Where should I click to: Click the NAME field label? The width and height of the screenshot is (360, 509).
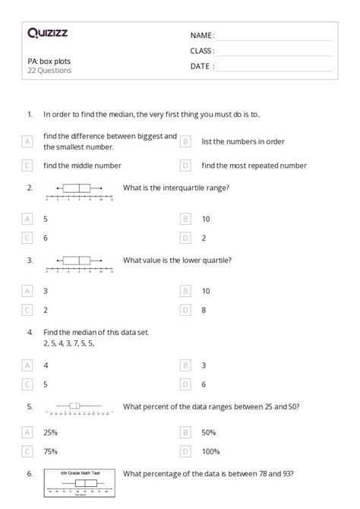coord(201,35)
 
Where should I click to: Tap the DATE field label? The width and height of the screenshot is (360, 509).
coord(201,65)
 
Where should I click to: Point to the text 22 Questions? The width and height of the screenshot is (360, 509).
coord(49,71)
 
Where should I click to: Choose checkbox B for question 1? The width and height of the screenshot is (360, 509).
coord(185,141)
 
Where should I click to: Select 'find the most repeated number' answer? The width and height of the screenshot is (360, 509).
coord(254,165)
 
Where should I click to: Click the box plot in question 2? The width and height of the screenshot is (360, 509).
coord(80,191)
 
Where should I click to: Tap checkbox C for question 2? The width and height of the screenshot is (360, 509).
coord(27,238)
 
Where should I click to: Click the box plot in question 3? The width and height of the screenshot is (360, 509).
coord(80,263)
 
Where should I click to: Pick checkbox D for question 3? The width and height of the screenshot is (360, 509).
coord(185,310)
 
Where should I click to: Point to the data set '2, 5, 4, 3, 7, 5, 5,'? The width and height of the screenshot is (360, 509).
coord(68,343)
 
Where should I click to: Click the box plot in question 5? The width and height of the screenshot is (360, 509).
coord(80,408)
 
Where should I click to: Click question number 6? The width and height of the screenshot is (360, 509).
coord(29,473)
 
